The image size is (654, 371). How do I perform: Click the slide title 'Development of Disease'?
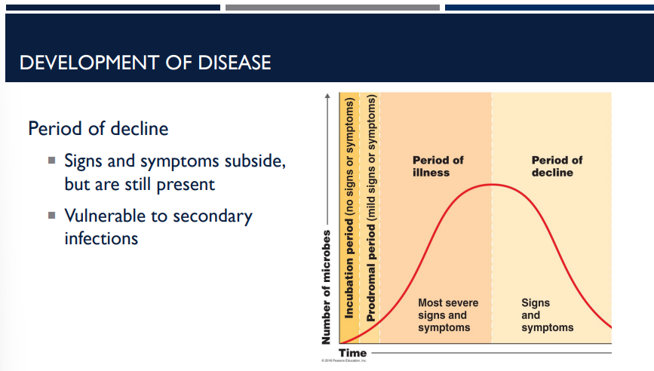pyautogui.click(x=145, y=62)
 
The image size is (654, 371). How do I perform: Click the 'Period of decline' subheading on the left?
pyautogui.click(x=98, y=129)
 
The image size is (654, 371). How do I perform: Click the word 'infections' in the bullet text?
pyautogui.click(x=101, y=238)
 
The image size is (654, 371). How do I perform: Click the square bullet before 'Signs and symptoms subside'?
pyautogui.click(x=51, y=161)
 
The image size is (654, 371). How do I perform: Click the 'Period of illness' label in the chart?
pyautogui.click(x=438, y=166)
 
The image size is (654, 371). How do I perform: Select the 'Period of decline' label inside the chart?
pyautogui.click(x=557, y=166)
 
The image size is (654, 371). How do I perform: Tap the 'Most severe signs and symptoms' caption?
pyautogui.click(x=447, y=315)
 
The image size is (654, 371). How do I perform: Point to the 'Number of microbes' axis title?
pyautogui.click(x=327, y=287)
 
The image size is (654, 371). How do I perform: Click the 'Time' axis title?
pyautogui.click(x=352, y=353)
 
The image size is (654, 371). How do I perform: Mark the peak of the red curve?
pyautogui.click(x=491, y=184)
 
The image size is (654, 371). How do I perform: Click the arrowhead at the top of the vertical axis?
pyautogui.click(x=327, y=96)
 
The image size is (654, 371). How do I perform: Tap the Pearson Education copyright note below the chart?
pyautogui.click(x=343, y=362)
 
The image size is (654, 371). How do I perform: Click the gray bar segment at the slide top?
pyautogui.click(x=332, y=8)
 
